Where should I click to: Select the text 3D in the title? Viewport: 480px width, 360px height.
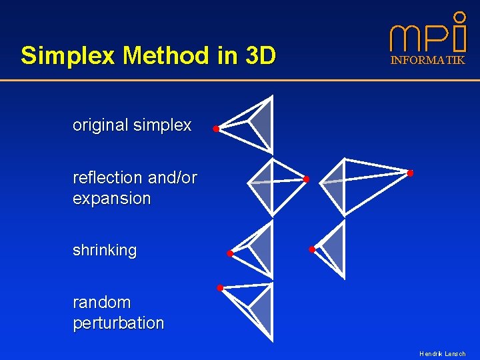point(259,56)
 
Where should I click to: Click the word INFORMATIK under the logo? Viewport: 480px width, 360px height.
point(427,61)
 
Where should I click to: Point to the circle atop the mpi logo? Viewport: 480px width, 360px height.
point(459,17)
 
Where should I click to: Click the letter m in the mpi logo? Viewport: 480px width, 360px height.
point(405,39)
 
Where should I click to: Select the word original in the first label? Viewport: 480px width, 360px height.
point(100,125)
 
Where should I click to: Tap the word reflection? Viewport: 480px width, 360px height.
point(107,178)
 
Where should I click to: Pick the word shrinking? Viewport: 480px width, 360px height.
point(105,251)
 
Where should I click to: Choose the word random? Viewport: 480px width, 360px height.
point(102,303)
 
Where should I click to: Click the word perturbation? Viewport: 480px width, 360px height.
point(118,323)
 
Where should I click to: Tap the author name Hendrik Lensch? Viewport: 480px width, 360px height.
point(442,354)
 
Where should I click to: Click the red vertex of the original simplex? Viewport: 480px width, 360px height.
point(216,129)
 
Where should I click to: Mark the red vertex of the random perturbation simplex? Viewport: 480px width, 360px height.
point(219,288)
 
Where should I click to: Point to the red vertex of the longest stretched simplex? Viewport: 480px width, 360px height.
point(410,173)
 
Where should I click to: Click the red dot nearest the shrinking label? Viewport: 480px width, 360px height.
point(229,253)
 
